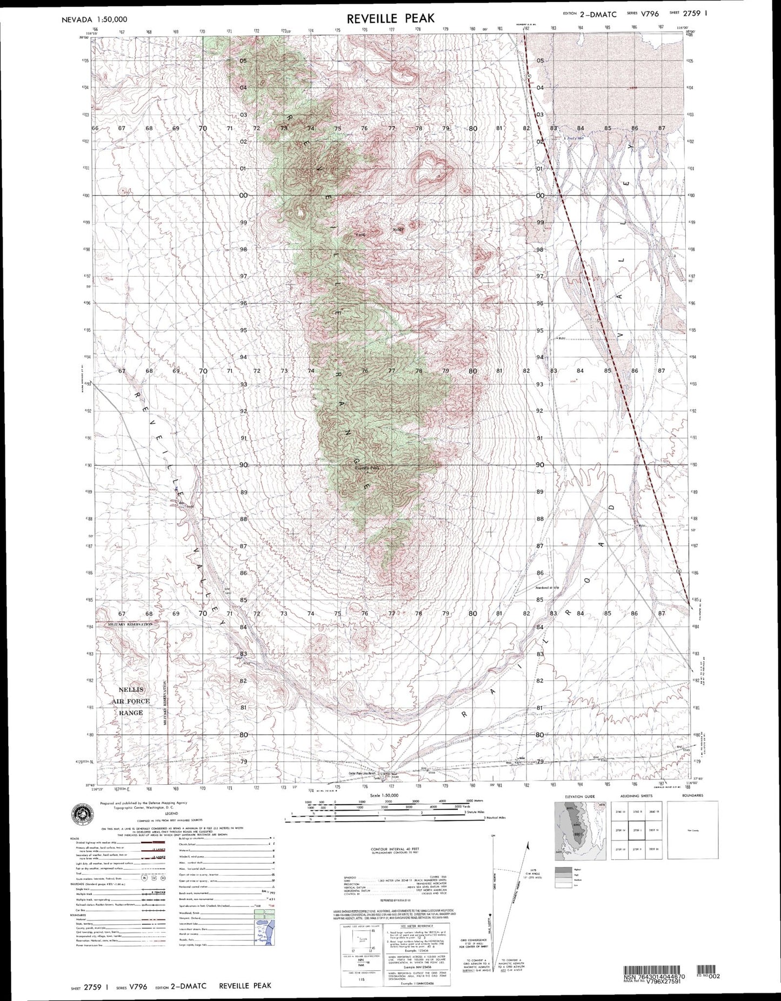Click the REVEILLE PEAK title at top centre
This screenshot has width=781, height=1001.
[390, 18]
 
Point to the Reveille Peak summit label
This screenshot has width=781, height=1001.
[368, 468]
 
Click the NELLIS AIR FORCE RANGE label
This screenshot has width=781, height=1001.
[130, 701]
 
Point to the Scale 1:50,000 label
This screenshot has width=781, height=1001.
[385, 796]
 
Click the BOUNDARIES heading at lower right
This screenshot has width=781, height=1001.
[692, 796]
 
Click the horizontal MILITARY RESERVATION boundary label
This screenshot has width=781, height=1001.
[130, 624]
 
